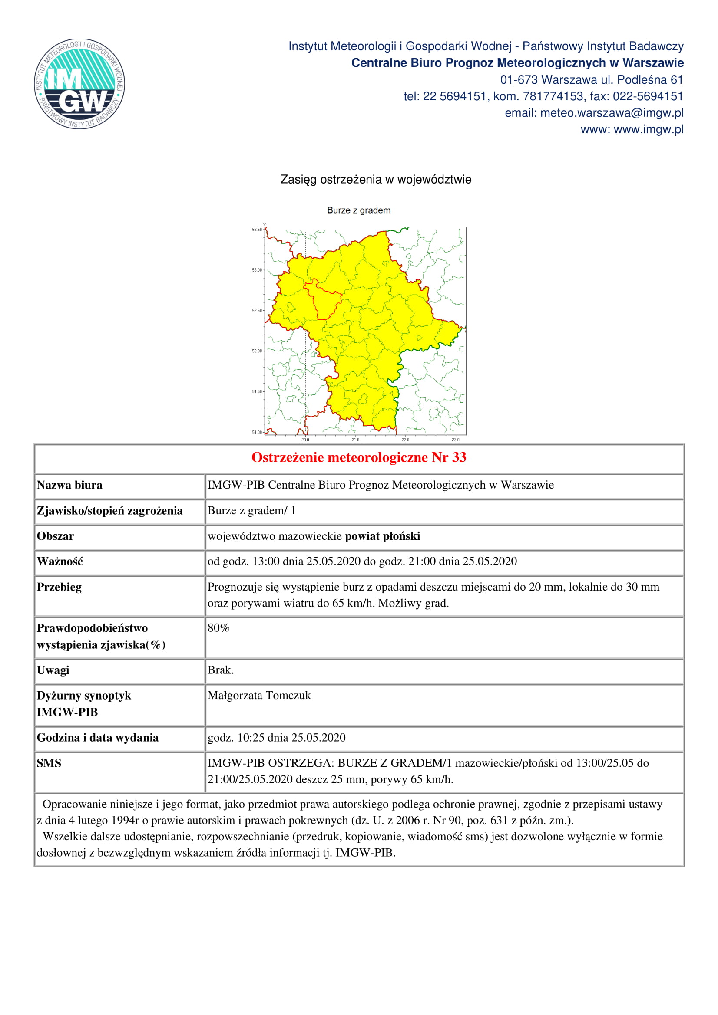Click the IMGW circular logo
79,84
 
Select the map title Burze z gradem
359,210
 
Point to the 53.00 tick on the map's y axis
257,270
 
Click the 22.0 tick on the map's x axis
405,440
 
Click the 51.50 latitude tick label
257,392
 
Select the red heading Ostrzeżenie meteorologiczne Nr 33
359,457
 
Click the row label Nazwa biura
69,486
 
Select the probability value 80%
218,628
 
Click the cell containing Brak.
221,670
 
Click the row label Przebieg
59,587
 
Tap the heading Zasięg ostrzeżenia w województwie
376,180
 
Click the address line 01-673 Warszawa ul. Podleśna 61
592,79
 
